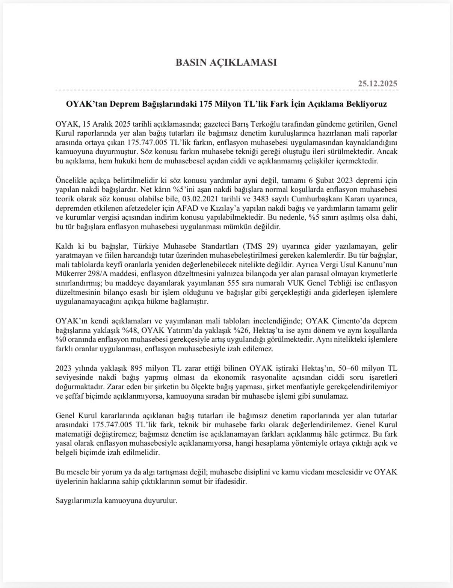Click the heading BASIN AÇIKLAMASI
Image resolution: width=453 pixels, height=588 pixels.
point(226,62)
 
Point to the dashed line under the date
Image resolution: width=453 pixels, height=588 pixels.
point(226,91)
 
